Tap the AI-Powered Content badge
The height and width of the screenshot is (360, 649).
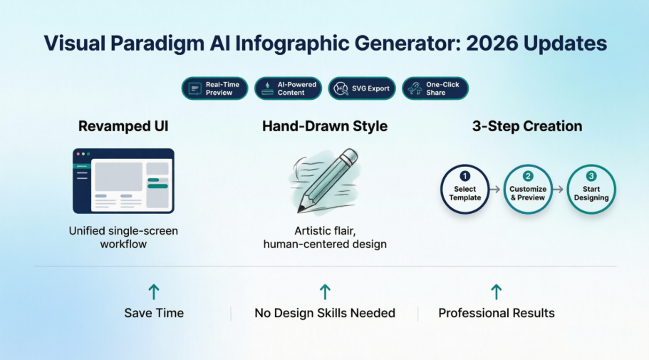point(288,88)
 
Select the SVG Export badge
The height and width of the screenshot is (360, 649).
point(361,88)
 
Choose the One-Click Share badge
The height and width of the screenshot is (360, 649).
point(435,88)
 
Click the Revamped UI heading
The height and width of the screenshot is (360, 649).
point(123,127)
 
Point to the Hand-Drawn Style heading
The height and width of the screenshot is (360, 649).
point(325,127)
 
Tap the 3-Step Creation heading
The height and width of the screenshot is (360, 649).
point(527,127)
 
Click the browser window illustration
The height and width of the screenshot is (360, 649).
point(123,180)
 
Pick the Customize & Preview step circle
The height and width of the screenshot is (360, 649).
point(528,190)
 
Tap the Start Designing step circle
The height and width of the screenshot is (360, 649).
point(591,190)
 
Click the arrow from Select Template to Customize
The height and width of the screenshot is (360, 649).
point(497,190)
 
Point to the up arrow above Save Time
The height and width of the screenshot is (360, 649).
point(154,292)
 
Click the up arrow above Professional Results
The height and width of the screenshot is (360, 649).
point(497,292)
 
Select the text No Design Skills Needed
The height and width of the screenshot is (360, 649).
point(325,313)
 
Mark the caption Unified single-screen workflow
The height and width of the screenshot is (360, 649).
point(123,237)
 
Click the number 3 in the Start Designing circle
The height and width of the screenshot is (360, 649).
point(591,176)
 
